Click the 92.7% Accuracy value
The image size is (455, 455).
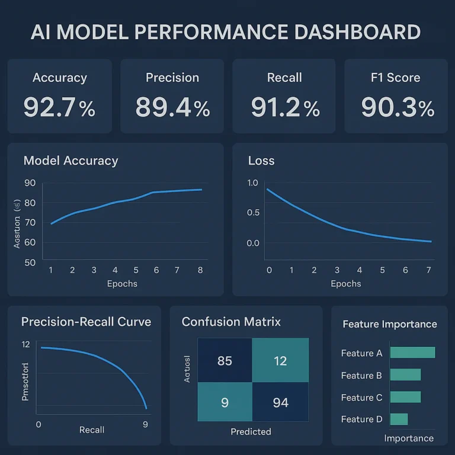[59, 107]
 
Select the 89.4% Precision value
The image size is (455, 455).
[172, 107]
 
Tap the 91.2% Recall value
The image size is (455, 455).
[284, 107]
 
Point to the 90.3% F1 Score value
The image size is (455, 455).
[398, 107]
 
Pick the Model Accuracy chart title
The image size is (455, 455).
[71, 161]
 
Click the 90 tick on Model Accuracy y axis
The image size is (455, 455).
[30, 183]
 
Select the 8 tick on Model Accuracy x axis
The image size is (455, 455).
[200, 270]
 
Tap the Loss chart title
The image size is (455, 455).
[261, 161]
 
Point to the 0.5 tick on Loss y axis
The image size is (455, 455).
[253, 212]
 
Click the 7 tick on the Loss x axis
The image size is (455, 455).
[429, 270]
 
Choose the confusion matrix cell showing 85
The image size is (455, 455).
[225, 360]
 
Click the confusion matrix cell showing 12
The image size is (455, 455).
[280, 360]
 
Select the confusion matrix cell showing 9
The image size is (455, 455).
[225, 403]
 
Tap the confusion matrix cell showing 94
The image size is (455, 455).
[280, 403]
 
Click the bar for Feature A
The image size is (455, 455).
[412, 353]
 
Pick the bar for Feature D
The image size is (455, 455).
[399, 419]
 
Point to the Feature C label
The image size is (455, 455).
[361, 398]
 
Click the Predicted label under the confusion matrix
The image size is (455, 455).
[251, 431]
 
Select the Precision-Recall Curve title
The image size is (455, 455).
[86, 322]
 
